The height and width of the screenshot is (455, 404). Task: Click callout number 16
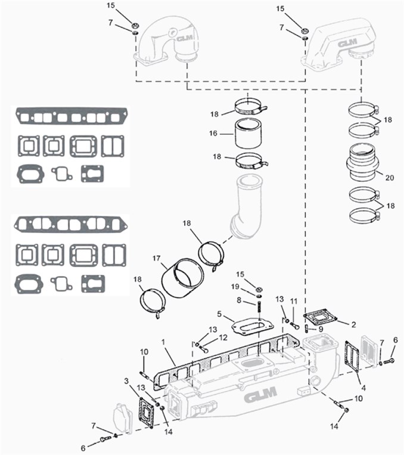pyautogui.click(x=213, y=133)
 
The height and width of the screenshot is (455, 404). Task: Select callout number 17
pyautogui.click(x=157, y=258)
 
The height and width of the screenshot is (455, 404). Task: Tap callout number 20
pyautogui.click(x=390, y=177)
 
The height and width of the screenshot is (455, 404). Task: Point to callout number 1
pyautogui.click(x=163, y=342)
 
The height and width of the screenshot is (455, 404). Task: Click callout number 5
pyautogui.click(x=219, y=314)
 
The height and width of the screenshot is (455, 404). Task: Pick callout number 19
pyautogui.click(x=235, y=287)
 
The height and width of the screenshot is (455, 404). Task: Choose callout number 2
pyautogui.click(x=353, y=324)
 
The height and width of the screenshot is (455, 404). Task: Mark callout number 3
pyautogui.click(x=126, y=381)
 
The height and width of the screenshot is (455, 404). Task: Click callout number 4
pyautogui.click(x=363, y=388)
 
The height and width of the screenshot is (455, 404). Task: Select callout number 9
pyautogui.click(x=321, y=329)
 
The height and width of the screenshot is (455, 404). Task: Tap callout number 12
pyautogui.click(x=223, y=338)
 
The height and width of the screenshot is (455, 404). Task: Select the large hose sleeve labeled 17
pyautogui.click(x=183, y=277)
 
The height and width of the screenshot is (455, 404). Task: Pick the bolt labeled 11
pyautogui.click(x=294, y=325)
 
